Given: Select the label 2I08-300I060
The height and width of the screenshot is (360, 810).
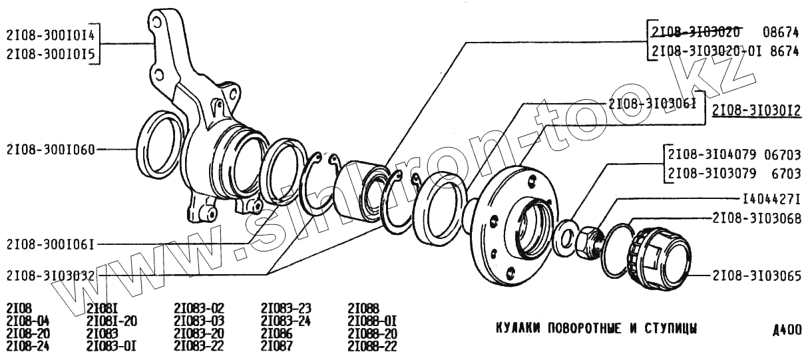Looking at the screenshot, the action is [x=50, y=150].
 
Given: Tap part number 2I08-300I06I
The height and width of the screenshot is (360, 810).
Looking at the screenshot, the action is [x=50, y=244].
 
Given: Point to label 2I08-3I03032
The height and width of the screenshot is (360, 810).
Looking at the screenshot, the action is [x=50, y=275].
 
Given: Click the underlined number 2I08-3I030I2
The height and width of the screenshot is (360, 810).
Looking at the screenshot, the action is [x=756, y=110].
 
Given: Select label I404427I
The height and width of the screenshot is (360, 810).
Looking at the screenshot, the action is [x=771, y=199].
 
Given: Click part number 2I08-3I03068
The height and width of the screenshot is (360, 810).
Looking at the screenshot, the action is [x=756, y=218].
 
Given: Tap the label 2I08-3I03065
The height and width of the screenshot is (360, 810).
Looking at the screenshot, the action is [x=756, y=274].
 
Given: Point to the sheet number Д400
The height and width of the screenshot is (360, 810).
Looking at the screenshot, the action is [x=787, y=330].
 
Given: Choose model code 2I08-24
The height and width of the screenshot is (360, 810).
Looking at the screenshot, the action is [x=27, y=345].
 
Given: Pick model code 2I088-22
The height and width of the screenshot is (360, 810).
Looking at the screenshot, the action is [x=372, y=345].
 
